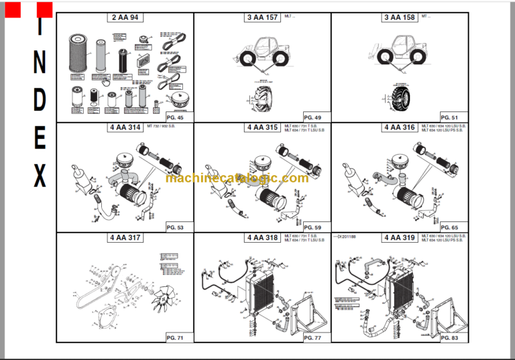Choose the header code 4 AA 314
click(x=126, y=127)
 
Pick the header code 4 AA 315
click(x=262, y=127)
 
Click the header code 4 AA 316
click(x=399, y=127)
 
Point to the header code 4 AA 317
click(x=126, y=237)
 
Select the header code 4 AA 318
click(x=262, y=237)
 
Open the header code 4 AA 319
click(x=399, y=237)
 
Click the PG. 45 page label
click(x=176, y=117)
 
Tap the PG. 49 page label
click(x=312, y=117)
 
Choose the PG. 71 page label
click(x=176, y=338)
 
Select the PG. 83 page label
click(x=450, y=338)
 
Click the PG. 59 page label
click(x=312, y=227)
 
